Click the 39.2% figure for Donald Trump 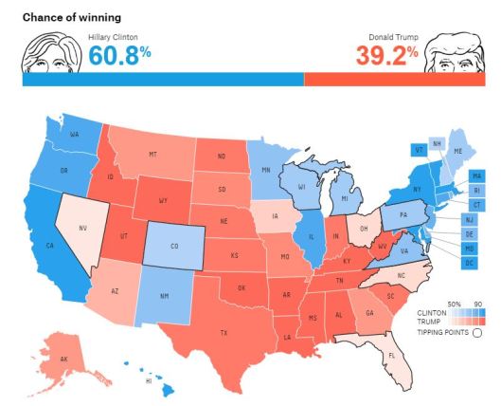click(x=386, y=56)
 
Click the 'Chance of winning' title click(x=63, y=17)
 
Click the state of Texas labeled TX click(x=224, y=332)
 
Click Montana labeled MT click(x=152, y=154)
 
